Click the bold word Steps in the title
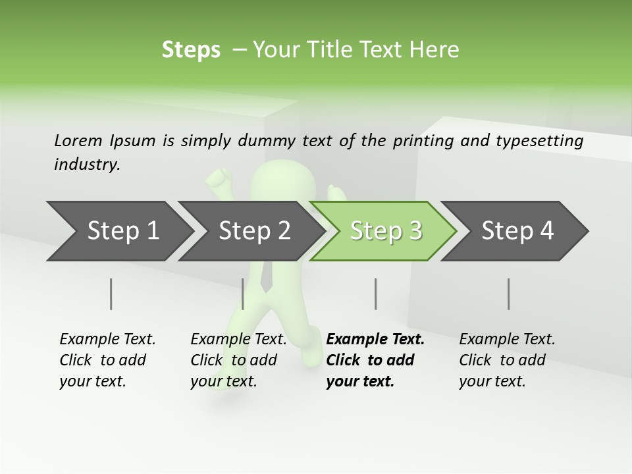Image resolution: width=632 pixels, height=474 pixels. tap(191, 50)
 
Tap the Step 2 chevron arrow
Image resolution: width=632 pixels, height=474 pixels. tap(254, 230)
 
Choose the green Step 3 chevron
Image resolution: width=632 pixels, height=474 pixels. tap(386, 230)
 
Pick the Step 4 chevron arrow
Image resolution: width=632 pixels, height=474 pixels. tap(517, 230)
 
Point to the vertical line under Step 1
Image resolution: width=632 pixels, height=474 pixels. tap(111, 294)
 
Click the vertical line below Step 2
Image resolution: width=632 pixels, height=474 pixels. tap(243, 294)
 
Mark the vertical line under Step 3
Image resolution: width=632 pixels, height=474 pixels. tap(376, 294)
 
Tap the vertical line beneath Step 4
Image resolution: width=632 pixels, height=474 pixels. tap(509, 294)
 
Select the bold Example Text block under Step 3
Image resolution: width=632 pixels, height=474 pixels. tap(375, 360)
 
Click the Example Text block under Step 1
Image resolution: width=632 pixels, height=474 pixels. tap(107, 360)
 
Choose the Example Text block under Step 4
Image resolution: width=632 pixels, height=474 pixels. tap(507, 360)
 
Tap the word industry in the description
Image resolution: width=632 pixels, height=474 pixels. tap(87, 165)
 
